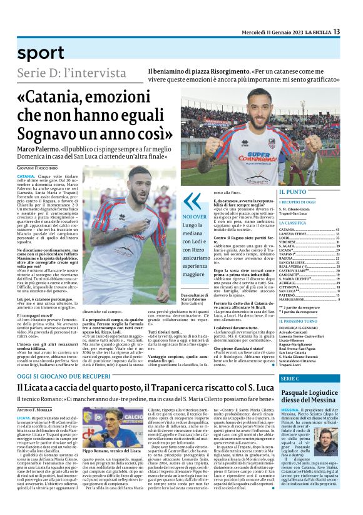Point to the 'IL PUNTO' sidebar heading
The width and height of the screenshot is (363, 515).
[293, 191]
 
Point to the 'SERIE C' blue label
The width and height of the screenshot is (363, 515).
[291, 379]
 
